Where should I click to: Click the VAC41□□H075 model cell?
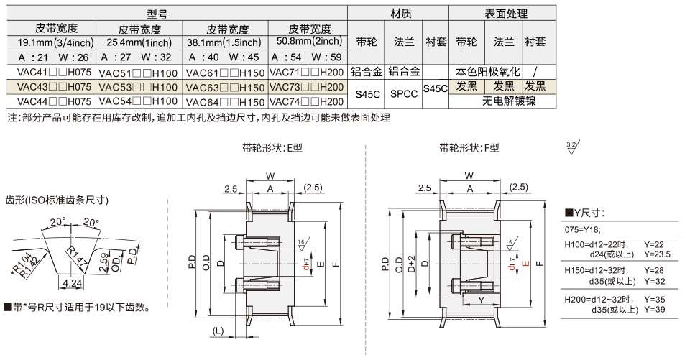[49, 72]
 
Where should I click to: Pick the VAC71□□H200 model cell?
[307, 72]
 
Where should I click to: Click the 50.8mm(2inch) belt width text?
[307, 42]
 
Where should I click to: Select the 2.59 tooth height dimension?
[106, 262]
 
